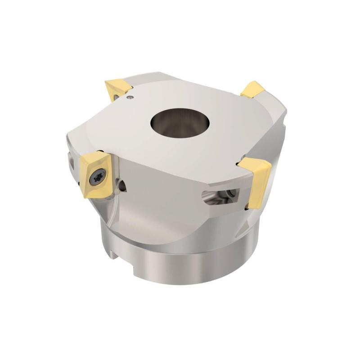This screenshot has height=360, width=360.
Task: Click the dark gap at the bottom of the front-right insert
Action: (x=247, y=207)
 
